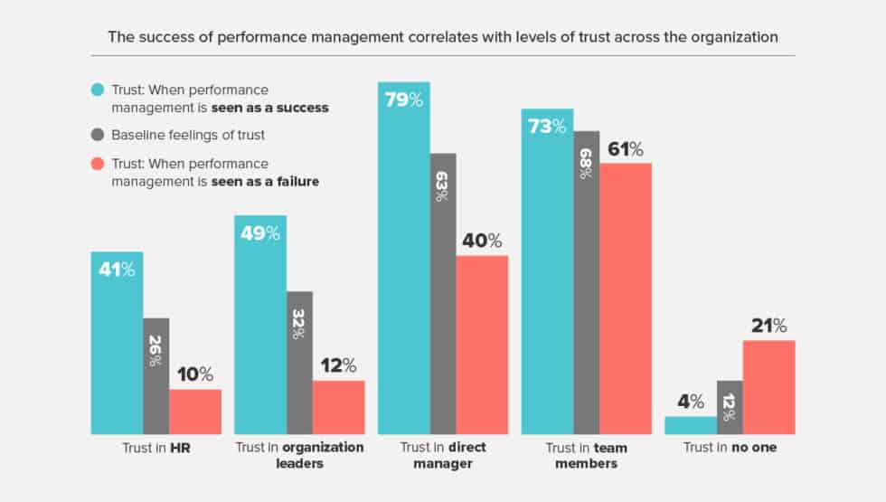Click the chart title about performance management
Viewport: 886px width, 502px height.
(x=442, y=37)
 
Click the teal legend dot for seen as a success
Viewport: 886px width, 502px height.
(x=98, y=90)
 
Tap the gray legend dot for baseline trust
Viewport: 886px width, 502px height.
(x=98, y=136)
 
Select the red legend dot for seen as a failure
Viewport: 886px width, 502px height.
(x=98, y=164)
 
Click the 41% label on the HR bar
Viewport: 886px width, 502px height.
(x=117, y=269)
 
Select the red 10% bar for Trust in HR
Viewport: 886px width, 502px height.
(x=195, y=412)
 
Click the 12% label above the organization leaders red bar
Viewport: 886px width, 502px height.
(x=339, y=366)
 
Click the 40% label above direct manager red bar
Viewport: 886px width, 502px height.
(x=482, y=241)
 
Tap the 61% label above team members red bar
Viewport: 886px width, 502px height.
(x=625, y=149)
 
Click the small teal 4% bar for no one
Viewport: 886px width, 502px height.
(x=690, y=425)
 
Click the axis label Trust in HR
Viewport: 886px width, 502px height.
(x=156, y=448)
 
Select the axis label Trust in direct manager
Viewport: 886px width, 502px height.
(x=442, y=455)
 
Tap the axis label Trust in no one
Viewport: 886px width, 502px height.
(x=730, y=448)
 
